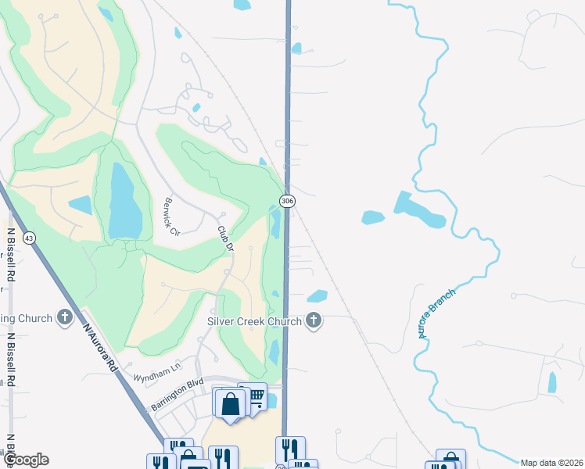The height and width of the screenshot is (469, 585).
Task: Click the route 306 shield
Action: (287, 201)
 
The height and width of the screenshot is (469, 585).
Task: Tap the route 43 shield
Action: (29, 238)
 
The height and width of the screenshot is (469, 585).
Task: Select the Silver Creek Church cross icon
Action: (314, 320)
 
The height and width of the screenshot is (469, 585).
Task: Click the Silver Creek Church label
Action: (254, 321)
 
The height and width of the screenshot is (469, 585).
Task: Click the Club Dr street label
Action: (225, 238)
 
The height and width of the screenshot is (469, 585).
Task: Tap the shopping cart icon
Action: (253, 399)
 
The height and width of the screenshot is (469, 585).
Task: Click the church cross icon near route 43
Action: (65, 318)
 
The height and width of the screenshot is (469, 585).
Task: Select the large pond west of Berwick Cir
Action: (122, 201)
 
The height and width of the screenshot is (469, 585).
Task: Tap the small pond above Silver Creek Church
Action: (318, 296)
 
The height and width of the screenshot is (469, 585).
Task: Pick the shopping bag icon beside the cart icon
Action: (231, 405)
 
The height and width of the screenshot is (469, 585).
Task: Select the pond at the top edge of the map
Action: (242, 5)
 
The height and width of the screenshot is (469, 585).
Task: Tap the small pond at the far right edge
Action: (552, 382)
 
